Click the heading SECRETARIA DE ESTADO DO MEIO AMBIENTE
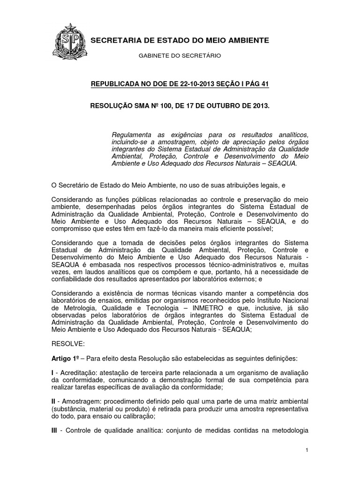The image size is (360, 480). tap(180, 41)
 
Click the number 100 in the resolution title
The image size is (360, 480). tap(160, 106)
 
